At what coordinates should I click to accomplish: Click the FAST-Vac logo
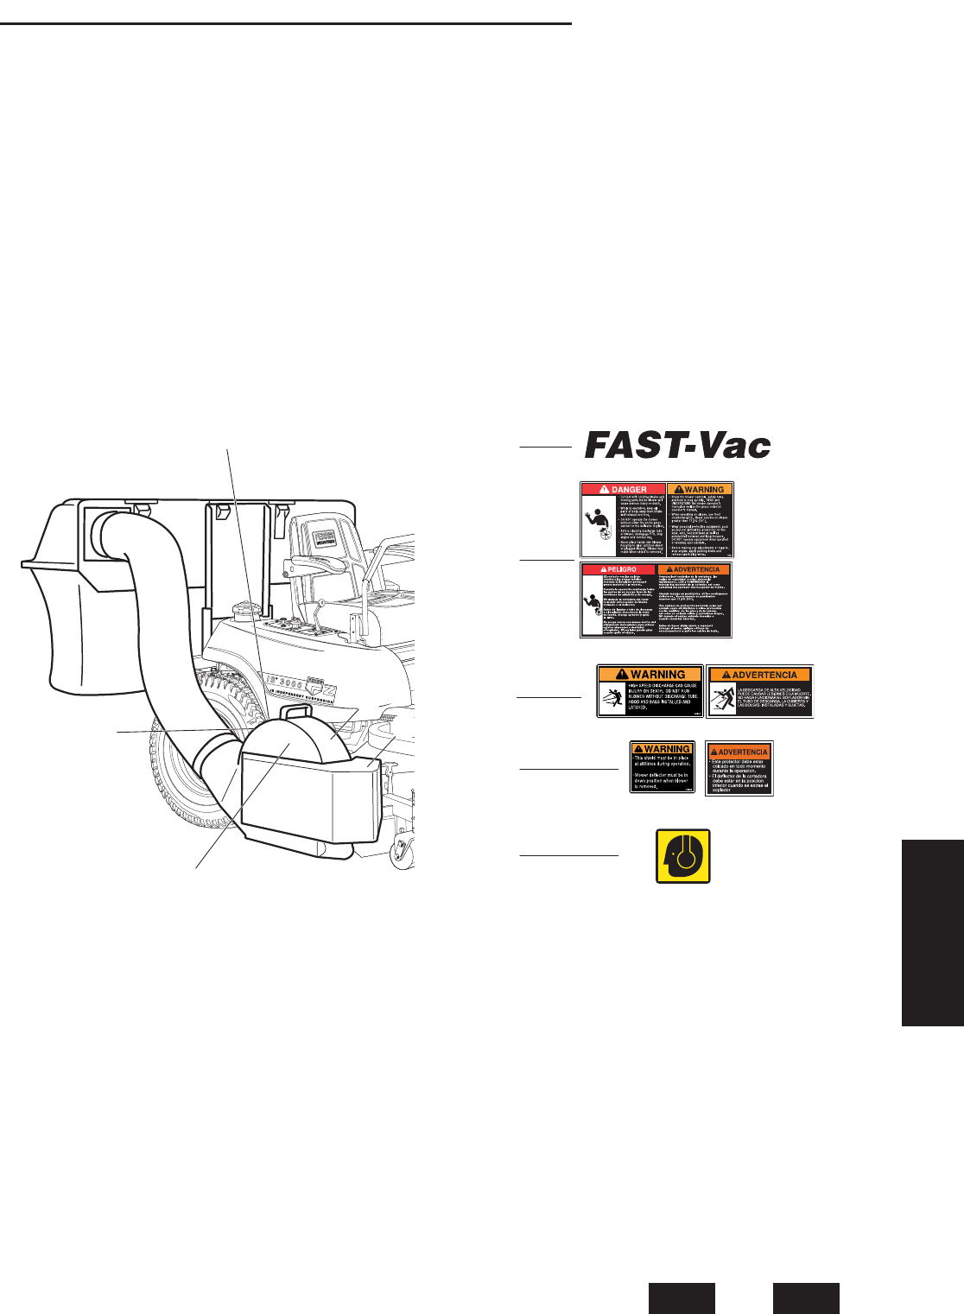point(678,446)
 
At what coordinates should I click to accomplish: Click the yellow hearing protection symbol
point(683,856)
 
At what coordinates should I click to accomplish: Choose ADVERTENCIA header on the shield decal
point(739,752)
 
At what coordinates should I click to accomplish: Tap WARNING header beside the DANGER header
point(700,489)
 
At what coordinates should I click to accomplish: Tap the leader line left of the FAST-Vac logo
point(545,447)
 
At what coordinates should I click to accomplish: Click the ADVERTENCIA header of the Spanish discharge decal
point(760,675)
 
